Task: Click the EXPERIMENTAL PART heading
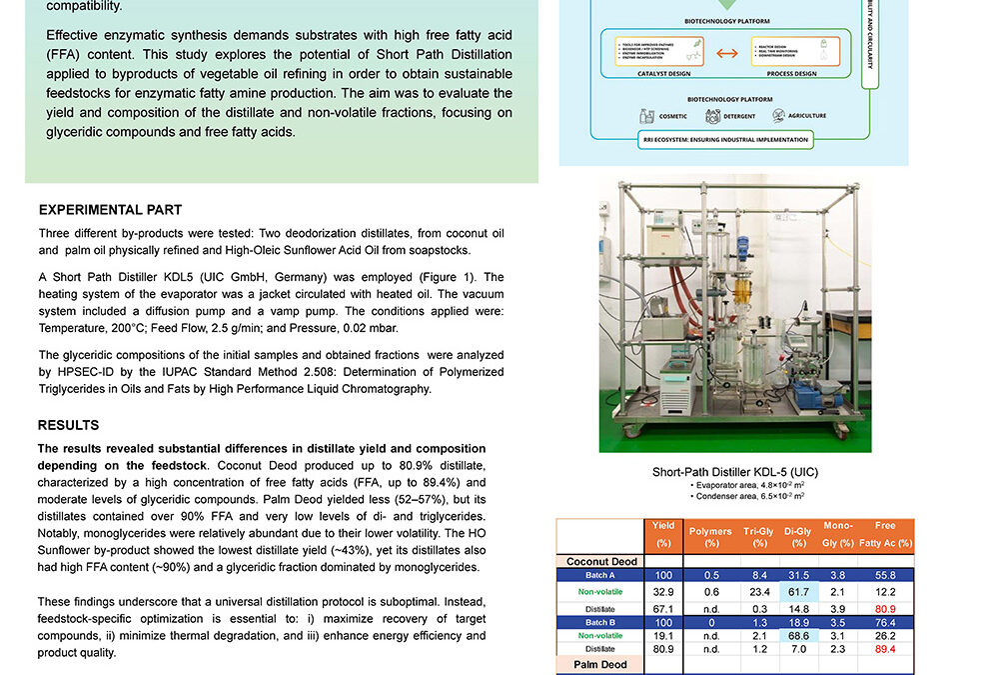coord(110,210)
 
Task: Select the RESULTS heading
coord(68,425)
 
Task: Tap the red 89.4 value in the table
coord(885,648)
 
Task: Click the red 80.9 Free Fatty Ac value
coord(885,608)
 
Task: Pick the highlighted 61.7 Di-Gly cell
coord(798,592)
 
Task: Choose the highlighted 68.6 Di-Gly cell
coord(798,635)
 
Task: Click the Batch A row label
coord(600,576)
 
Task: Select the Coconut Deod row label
coord(601,561)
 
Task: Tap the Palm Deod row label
coord(600,664)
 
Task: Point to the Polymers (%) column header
coord(710,537)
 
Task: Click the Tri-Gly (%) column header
coord(759,537)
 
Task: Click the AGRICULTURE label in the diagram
coord(806,116)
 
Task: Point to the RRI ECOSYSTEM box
coord(726,140)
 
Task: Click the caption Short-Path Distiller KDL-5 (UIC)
coord(735,472)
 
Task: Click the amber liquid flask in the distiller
coord(740,291)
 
